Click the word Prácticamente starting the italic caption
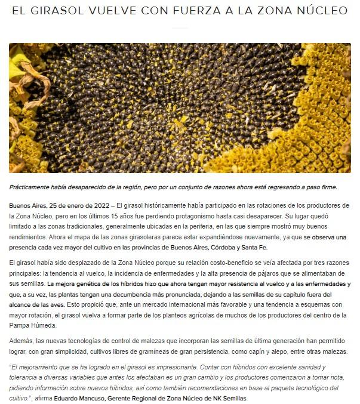click(33, 187)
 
